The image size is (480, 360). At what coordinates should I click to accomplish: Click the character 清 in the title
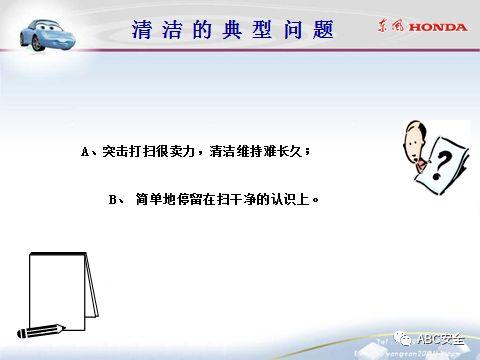pyautogui.click(x=142, y=29)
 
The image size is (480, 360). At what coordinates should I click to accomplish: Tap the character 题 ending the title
pyautogui.click(x=323, y=29)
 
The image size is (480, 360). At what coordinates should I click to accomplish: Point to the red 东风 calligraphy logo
pyautogui.click(x=393, y=27)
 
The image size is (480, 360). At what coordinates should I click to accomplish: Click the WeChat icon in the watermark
pyautogui.click(x=400, y=338)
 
